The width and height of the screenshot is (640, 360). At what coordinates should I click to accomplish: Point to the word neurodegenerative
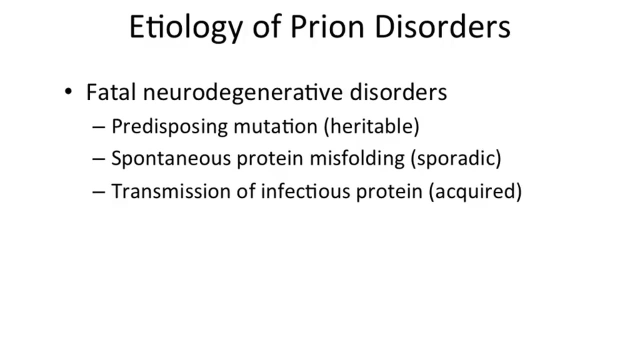pyautogui.click(x=242, y=93)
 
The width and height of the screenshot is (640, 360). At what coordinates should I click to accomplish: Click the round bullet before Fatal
pyautogui.click(x=68, y=92)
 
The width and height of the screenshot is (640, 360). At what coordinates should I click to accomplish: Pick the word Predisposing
pyautogui.click(x=169, y=126)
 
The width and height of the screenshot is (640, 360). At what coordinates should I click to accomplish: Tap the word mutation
pyautogui.click(x=275, y=126)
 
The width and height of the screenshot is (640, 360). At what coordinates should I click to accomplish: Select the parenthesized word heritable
pyautogui.click(x=371, y=126)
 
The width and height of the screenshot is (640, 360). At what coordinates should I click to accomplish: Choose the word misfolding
pyautogui.click(x=357, y=158)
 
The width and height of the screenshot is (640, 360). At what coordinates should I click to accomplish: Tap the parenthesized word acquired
pyautogui.click(x=475, y=191)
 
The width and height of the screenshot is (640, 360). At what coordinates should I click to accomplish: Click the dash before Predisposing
pyautogui.click(x=98, y=127)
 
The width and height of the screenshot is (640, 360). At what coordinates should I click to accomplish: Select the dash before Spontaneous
pyautogui.click(x=98, y=159)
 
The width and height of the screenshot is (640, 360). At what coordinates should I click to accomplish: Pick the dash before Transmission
pyautogui.click(x=98, y=191)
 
